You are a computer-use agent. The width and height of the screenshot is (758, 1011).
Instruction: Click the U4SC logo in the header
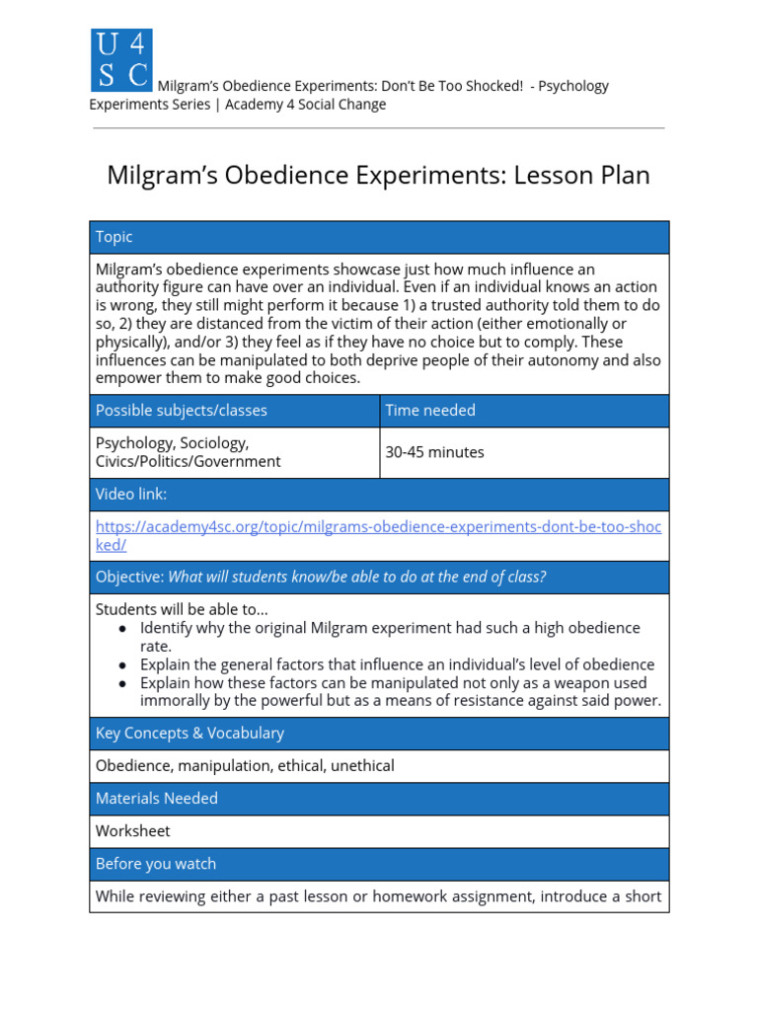(x=121, y=59)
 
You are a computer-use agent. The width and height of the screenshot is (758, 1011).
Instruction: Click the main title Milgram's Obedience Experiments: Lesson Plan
(x=378, y=176)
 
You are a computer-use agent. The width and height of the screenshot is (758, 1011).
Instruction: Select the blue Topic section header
(x=114, y=237)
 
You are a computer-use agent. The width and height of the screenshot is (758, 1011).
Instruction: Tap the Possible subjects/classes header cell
(x=181, y=410)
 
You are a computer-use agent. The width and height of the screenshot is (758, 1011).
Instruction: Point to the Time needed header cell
(x=429, y=410)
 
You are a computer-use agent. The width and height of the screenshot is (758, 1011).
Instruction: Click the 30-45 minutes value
(x=434, y=452)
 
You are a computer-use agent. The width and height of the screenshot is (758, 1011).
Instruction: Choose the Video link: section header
(x=131, y=494)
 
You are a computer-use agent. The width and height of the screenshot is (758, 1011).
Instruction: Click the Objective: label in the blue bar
(x=129, y=577)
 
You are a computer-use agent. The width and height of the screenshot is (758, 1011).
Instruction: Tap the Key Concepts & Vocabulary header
(x=189, y=733)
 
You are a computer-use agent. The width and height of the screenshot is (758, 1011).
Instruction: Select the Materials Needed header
(x=156, y=798)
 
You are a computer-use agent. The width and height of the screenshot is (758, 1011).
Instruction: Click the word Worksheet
(x=132, y=830)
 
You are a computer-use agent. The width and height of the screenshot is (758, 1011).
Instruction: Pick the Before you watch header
(x=155, y=863)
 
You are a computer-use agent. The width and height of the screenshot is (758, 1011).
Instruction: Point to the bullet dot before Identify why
(x=121, y=629)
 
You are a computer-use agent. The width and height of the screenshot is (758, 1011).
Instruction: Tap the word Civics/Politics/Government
(x=188, y=461)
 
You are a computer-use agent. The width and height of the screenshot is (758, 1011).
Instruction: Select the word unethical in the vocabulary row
(x=362, y=765)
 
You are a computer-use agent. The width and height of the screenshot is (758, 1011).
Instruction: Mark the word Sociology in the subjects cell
(x=214, y=442)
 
